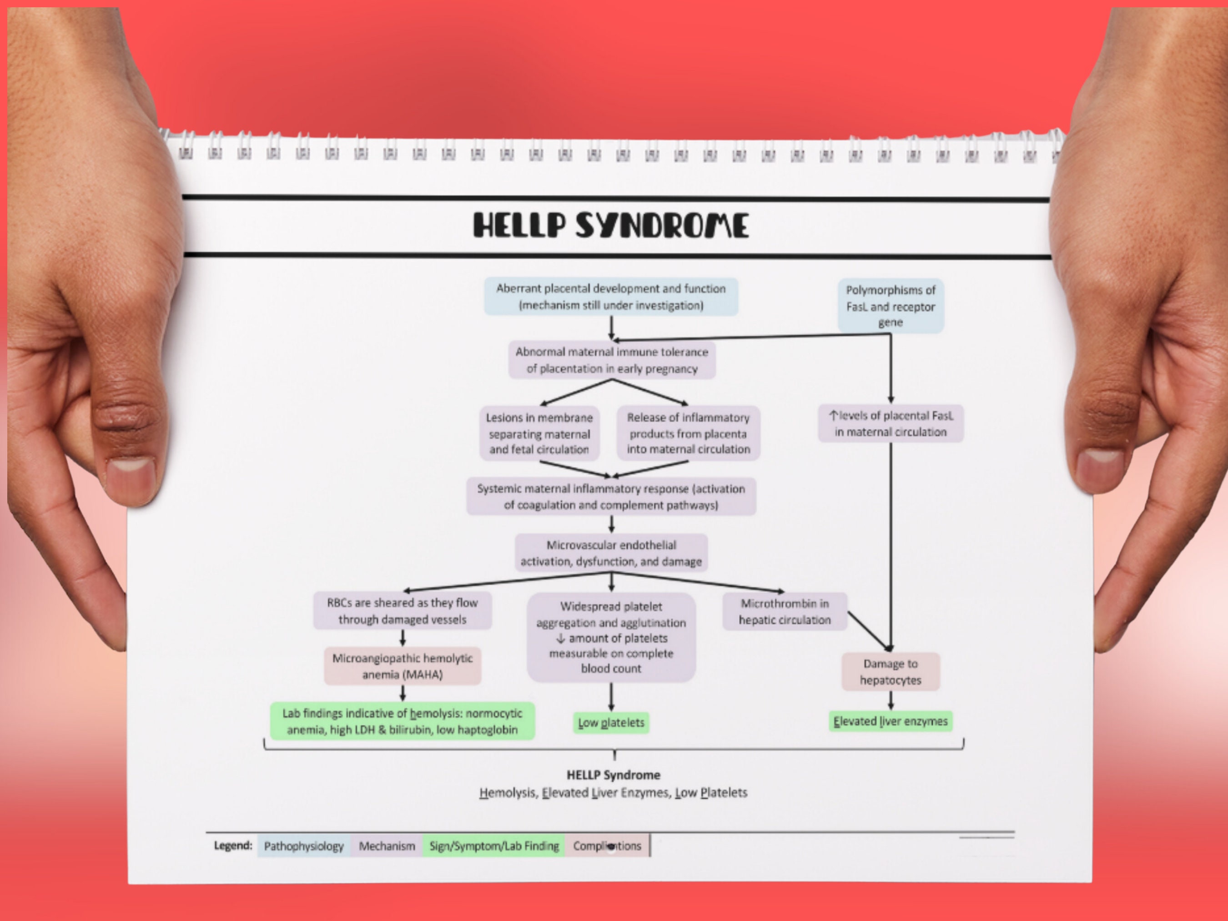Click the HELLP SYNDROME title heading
point(611,226)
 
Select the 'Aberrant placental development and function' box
point(611,297)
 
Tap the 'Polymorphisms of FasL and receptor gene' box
point(891,306)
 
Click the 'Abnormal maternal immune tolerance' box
point(612,360)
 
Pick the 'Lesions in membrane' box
point(539,433)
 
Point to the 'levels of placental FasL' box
point(891,423)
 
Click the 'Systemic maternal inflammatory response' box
point(611,497)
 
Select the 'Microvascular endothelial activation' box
point(611,553)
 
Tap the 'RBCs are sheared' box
point(403,611)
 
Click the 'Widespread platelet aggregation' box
point(611,637)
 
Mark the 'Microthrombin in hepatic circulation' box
point(785,611)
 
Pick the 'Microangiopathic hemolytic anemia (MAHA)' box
point(403,666)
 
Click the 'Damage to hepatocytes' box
point(891,672)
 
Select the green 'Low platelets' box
point(611,723)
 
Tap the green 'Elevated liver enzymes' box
point(891,721)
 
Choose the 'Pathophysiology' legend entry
point(304,846)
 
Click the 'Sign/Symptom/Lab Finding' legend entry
point(493,846)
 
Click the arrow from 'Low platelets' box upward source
point(611,697)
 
